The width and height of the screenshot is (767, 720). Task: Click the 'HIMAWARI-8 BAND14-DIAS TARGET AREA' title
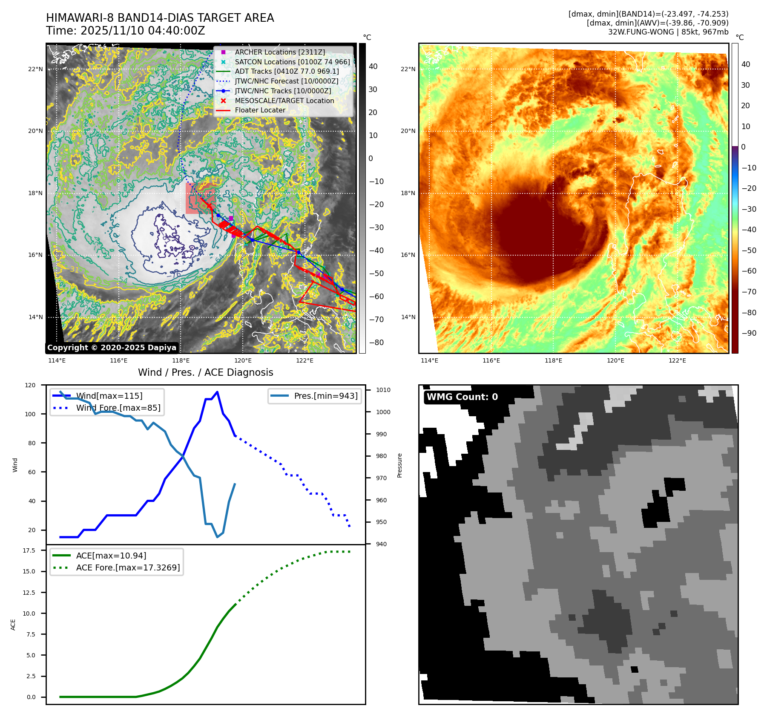click(160, 18)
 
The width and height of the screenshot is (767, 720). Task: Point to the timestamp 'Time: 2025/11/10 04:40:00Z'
click(126, 31)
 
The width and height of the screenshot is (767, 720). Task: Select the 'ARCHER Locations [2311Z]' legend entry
click(279, 52)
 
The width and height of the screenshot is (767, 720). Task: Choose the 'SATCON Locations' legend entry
click(292, 62)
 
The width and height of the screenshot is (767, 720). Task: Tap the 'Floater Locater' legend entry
click(260, 110)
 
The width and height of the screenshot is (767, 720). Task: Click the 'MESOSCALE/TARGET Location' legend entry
click(284, 101)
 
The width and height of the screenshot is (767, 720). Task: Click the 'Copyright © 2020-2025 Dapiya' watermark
click(112, 348)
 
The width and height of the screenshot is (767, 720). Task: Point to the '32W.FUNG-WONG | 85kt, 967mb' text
click(668, 32)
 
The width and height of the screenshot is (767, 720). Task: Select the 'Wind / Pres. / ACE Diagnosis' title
click(205, 372)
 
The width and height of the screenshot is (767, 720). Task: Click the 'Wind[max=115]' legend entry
click(109, 396)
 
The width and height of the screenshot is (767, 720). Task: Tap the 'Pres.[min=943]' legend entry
click(325, 396)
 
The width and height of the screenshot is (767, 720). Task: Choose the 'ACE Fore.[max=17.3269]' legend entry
click(128, 567)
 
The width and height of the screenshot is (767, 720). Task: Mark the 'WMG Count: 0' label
click(462, 397)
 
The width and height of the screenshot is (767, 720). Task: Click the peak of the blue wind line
click(217, 392)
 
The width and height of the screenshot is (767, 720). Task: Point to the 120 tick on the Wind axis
click(30, 385)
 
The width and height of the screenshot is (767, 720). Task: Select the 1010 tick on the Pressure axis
click(383, 390)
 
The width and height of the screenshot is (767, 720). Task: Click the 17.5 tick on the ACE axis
click(29, 550)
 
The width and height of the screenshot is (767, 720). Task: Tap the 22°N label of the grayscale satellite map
click(35, 69)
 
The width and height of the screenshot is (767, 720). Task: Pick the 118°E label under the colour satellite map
click(553, 360)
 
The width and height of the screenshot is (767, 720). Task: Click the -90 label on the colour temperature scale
click(749, 333)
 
